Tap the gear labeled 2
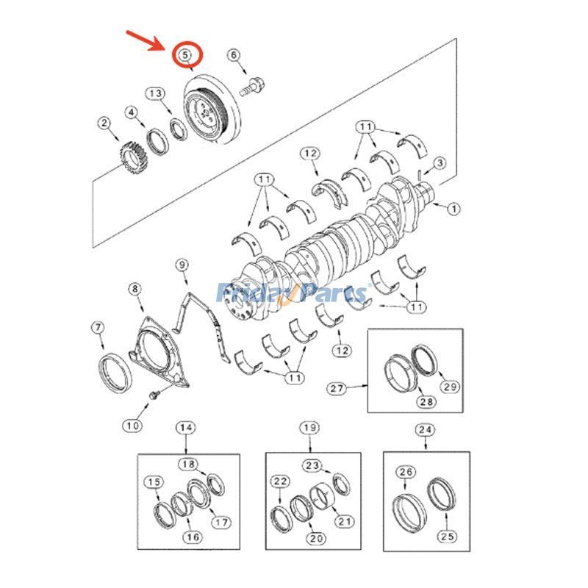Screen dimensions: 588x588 [129, 154]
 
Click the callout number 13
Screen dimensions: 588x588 [155, 93]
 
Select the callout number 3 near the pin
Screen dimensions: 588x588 [440, 162]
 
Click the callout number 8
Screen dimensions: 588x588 [135, 290]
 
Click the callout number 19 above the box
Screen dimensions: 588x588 [310, 428]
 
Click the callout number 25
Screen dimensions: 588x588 [448, 537]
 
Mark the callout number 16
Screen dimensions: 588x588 [193, 537]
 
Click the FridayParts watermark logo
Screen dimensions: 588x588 [294, 294]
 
